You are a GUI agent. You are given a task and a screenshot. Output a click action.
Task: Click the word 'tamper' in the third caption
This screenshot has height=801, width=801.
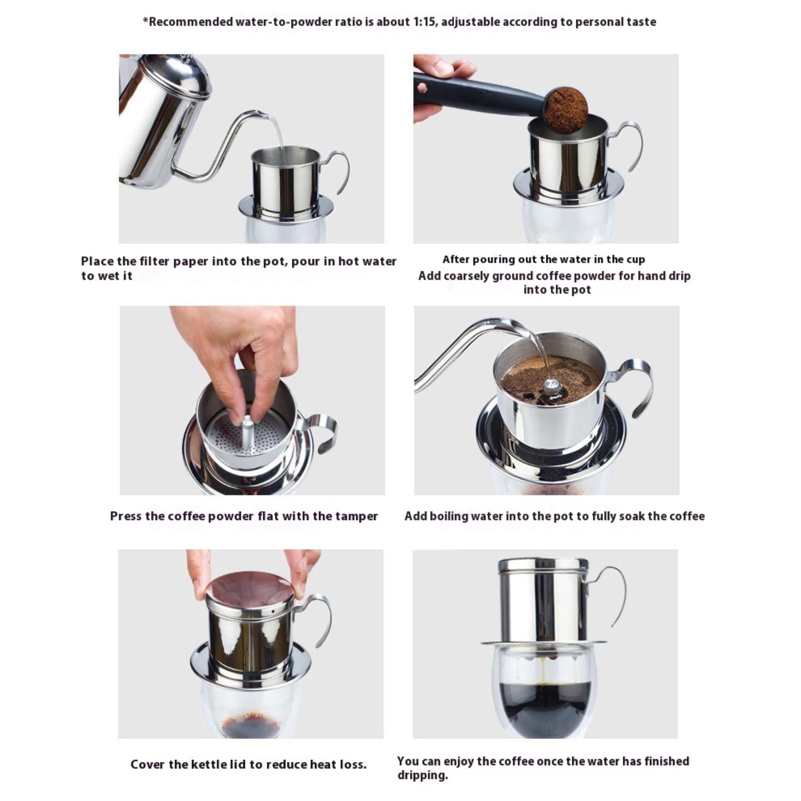point(357,517)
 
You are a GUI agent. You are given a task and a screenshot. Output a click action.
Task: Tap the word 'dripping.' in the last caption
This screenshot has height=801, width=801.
point(423,775)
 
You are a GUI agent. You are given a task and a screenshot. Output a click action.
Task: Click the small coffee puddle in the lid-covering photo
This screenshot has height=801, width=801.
point(250,724)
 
